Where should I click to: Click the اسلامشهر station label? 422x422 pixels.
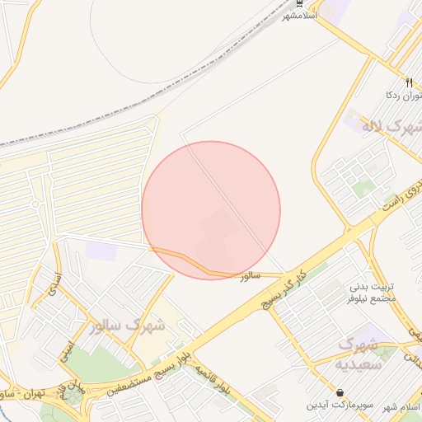(299, 16)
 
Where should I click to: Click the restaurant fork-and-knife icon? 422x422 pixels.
(409, 82)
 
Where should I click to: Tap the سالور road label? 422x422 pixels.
(250, 277)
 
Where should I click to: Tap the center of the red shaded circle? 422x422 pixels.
(211, 210)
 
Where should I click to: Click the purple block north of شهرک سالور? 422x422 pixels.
(101, 251)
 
